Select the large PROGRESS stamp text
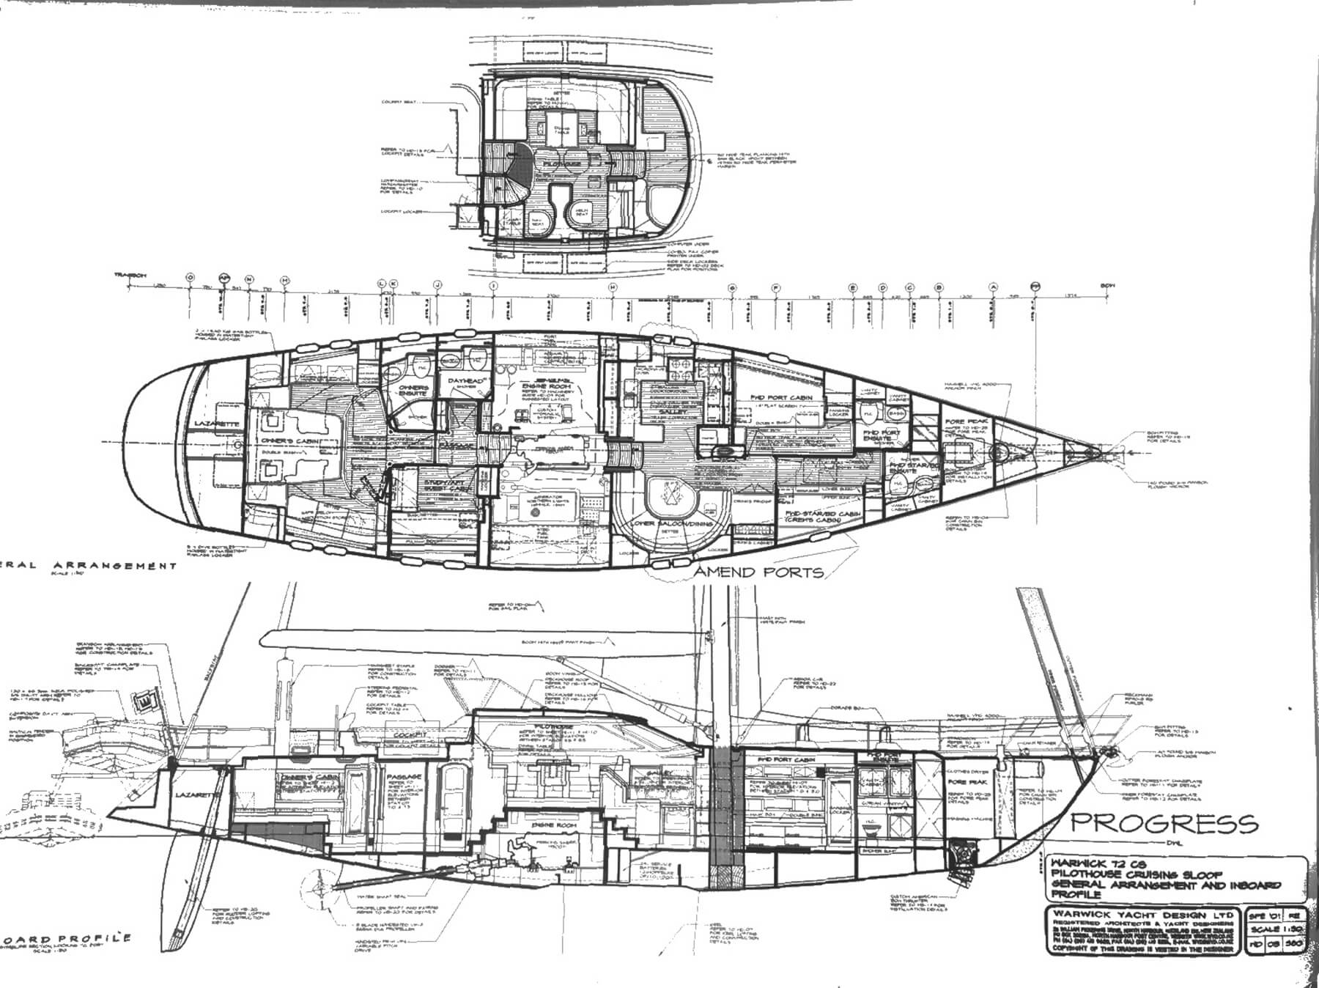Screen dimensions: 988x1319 [1164, 822]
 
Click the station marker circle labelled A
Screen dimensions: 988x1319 [994, 287]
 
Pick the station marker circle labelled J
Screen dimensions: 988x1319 [437, 284]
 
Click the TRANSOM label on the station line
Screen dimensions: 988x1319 [130, 276]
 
